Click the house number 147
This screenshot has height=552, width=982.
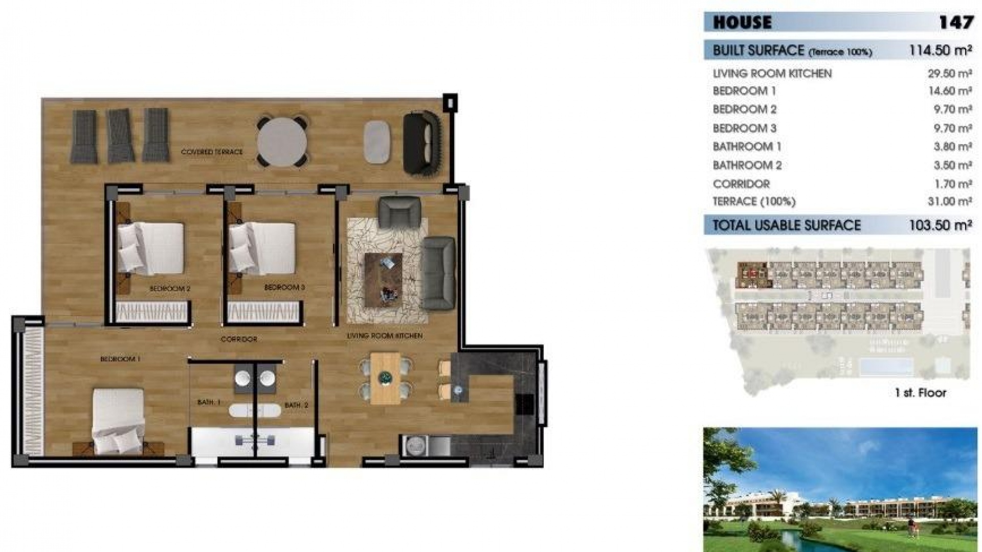point(955,23)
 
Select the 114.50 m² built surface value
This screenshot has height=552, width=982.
point(940,51)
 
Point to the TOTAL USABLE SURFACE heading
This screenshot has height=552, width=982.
point(787,225)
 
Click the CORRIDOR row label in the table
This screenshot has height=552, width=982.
point(741,184)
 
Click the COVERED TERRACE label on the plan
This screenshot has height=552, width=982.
point(212,152)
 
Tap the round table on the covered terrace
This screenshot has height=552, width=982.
point(282,141)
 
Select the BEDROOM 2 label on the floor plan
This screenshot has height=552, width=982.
point(170,289)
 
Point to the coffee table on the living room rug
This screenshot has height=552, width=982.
point(383,280)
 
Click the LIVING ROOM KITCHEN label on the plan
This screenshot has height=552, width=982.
point(385,336)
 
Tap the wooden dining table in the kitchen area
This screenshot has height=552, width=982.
point(385,378)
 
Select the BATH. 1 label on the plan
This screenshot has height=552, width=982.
point(209,403)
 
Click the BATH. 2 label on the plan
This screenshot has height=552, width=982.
point(296,405)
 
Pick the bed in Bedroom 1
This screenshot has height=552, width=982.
point(118,421)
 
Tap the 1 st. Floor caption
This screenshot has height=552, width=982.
point(920,393)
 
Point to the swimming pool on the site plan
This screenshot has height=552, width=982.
point(886,366)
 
